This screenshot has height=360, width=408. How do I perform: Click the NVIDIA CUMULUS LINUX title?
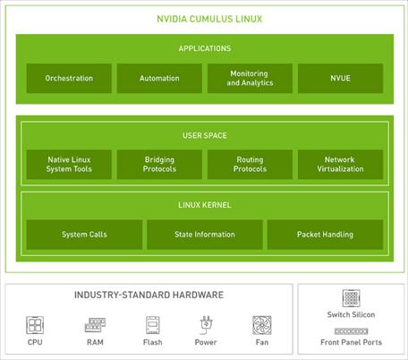tap(209, 19)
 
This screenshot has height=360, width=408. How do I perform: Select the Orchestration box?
tap(69, 78)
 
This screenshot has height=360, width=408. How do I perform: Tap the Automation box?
tap(159, 78)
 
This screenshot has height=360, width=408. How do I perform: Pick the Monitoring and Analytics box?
tap(250, 78)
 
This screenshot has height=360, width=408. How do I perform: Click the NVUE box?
tap(340, 78)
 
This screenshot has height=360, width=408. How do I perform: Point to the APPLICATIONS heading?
tap(205, 48)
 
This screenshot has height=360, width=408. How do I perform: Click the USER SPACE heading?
tap(205, 135)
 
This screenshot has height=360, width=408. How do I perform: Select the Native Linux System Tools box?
tap(69, 165)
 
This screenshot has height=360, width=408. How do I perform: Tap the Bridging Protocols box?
tap(159, 165)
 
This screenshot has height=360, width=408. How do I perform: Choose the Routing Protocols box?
tap(250, 165)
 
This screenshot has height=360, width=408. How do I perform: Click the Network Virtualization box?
tap(340, 165)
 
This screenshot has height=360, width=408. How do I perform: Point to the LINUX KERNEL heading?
tap(205, 205)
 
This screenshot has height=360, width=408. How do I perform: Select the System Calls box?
tap(84, 235)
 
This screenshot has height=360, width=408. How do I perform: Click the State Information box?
tap(205, 235)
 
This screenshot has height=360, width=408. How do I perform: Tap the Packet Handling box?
tap(325, 235)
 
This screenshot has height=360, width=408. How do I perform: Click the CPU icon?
tap(35, 325)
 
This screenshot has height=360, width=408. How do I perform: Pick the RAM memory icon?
tap(95, 325)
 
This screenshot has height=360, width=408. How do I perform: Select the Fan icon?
tap(262, 325)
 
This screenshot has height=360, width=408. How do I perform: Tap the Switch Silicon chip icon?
tap(351, 298)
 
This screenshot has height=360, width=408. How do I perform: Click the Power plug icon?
tap(206, 325)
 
